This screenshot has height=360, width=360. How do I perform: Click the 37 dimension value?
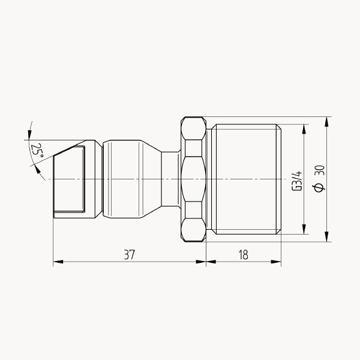[130, 254]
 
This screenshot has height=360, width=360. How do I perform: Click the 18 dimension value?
[244, 254]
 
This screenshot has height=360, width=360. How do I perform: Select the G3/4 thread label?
[296, 181]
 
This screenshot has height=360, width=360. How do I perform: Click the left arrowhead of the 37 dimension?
[58, 262]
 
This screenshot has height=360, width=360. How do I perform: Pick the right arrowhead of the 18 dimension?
[276, 262]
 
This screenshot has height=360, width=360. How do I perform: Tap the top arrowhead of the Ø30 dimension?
[327, 122]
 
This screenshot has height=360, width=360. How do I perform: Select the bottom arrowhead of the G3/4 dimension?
[304, 229]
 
